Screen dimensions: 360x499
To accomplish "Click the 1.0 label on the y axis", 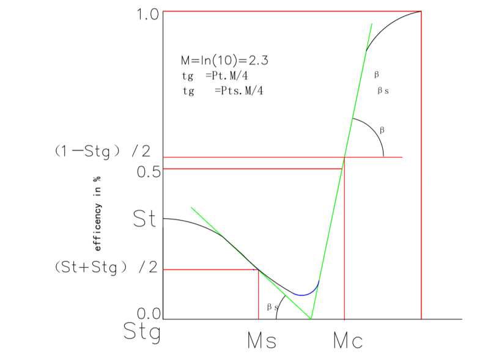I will click(147, 13).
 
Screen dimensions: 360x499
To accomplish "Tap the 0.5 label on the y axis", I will click(147, 171).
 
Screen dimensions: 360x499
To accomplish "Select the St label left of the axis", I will click(144, 220).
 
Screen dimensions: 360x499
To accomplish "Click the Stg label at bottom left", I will click(142, 332).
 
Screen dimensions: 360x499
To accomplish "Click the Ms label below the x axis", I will click(262, 340).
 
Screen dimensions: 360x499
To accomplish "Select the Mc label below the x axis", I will click(347, 340).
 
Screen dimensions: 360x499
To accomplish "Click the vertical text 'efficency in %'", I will click(97, 215).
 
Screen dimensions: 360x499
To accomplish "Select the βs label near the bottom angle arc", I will click(273, 307).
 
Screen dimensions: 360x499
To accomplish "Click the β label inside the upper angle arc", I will click(382, 130).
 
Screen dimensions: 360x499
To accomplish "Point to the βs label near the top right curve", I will click(384, 90).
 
